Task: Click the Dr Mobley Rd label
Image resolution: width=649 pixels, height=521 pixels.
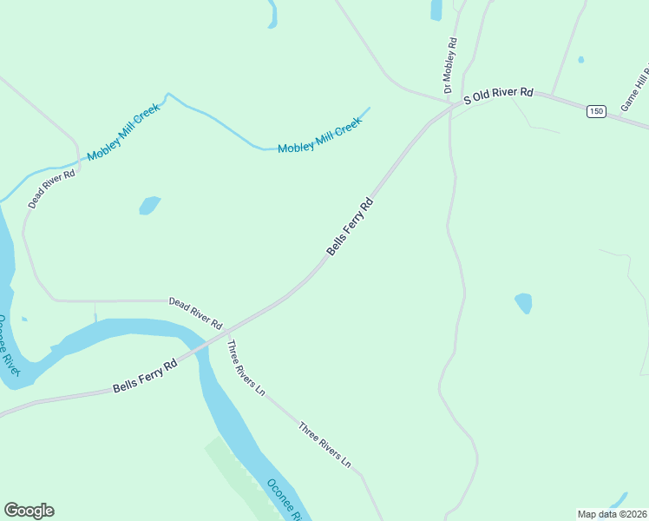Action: point(449,65)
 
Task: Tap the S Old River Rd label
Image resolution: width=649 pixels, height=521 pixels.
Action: point(497,96)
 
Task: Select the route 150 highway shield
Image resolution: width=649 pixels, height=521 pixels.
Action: point(595,111)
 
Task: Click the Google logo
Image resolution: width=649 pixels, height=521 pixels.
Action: point(29,511)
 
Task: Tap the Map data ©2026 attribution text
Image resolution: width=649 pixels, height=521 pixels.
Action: point(612,513)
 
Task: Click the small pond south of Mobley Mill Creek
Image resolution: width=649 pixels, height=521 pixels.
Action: point(149,206)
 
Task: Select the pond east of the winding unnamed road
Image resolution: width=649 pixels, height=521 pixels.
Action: point(523,303)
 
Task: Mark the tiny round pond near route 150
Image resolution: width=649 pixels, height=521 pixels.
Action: point(580,60)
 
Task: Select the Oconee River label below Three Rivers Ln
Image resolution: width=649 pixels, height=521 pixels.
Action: point(284,500)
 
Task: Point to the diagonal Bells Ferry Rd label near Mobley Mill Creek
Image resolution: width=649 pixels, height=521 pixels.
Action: point(350,228)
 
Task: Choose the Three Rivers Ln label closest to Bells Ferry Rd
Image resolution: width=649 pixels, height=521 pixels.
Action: point(246,368)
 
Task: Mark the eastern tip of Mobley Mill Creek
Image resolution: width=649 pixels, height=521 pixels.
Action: point(369,109)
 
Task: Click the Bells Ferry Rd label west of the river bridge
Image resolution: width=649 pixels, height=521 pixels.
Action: point(145,376)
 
